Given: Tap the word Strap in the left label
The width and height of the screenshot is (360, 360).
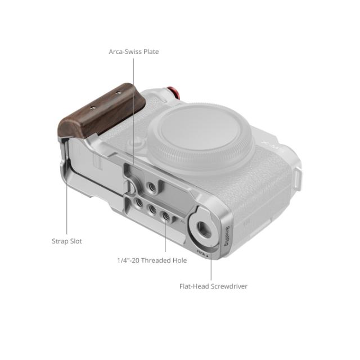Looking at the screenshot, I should coord(60,241).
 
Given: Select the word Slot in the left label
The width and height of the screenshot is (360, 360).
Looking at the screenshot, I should coord(76,241).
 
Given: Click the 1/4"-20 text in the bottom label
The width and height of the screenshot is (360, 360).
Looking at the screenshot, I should coord(128,260).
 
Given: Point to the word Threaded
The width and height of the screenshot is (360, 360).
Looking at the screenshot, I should coord(157,260).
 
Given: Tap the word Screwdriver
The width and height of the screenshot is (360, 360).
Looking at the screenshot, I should coord(229,286).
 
